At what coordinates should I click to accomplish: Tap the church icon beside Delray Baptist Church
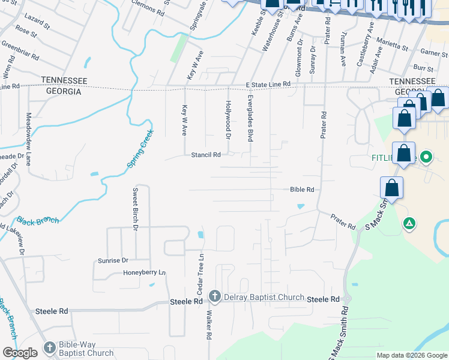[215, 296]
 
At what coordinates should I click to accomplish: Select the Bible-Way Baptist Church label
[86, 349]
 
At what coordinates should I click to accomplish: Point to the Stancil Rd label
[206, 154]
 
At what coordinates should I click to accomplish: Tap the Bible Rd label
[302, 190]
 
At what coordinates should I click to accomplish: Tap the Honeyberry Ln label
[144, 273]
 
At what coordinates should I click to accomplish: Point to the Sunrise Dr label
[113, 260]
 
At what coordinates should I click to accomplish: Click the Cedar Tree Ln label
[202, 274]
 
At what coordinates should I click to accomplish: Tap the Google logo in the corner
[20, 353]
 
